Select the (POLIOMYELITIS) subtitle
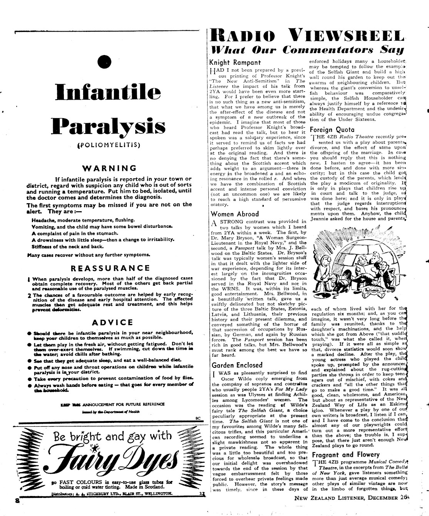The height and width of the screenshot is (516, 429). pos(109,145)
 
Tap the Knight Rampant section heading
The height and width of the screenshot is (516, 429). pos(235,62)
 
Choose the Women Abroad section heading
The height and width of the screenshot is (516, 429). pos(235,214)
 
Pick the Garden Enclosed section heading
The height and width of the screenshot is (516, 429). pos(237,365)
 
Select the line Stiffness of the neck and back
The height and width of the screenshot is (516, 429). pos(68,246)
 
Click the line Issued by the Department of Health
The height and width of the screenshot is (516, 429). pos(112,412)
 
